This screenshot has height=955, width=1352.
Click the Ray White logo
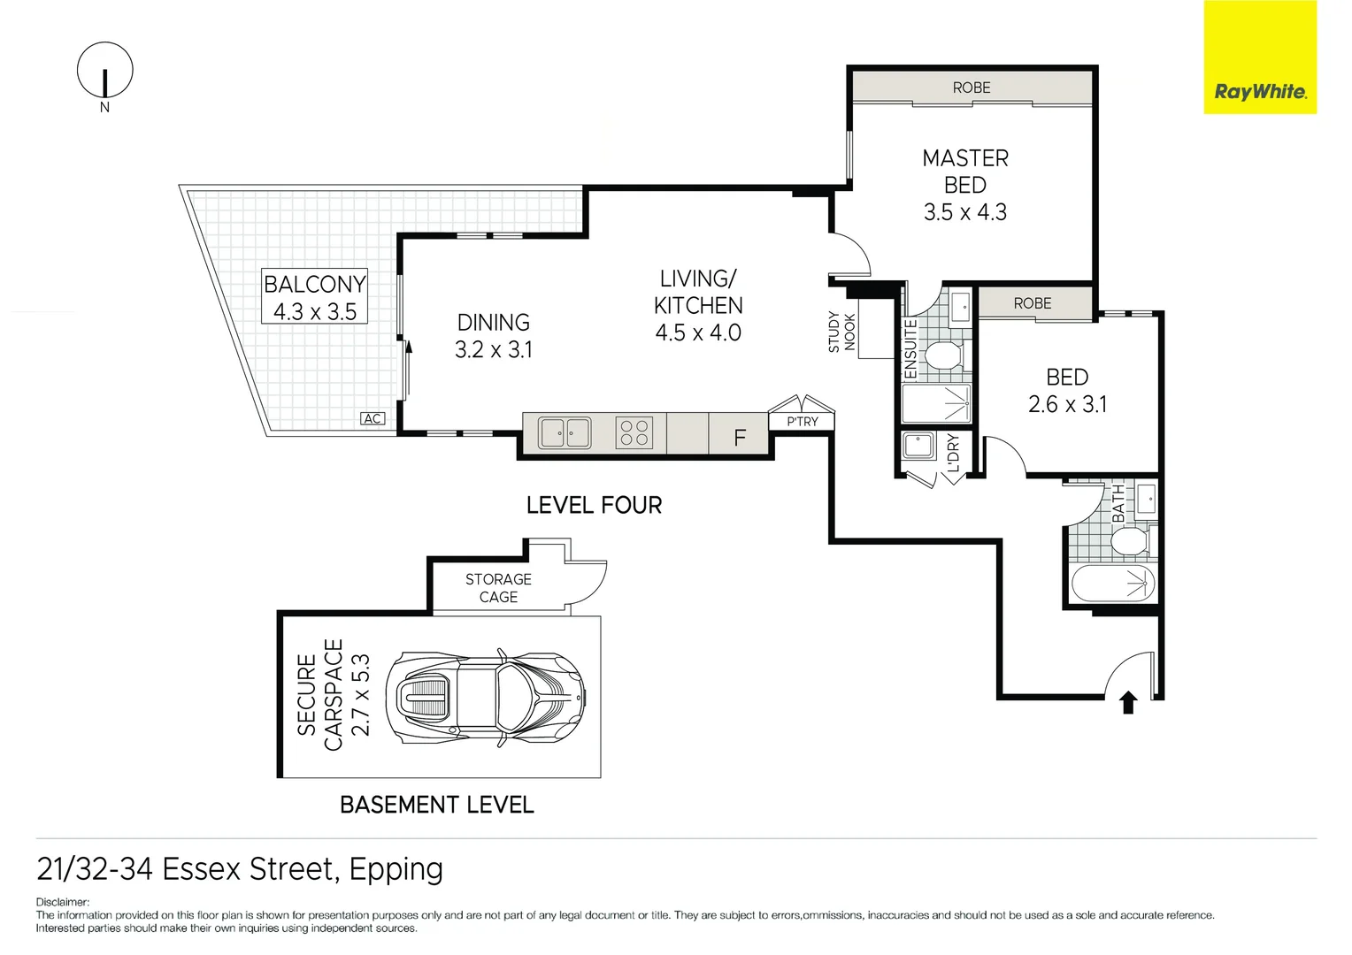[x=1259, y=57]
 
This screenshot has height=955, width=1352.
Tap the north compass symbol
[x=105, y=71]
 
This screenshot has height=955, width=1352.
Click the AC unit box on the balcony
[x=373, y=418]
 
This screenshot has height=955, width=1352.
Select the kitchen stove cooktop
[x=634, y=432]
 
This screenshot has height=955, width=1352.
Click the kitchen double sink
[x=565, y=432]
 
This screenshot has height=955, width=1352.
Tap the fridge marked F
[x=739, y=436]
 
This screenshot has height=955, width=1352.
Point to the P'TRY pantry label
[x=802, y=422]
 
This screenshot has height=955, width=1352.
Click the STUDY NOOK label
[x=841, y=332]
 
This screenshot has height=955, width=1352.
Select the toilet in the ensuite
[x=942, y=355]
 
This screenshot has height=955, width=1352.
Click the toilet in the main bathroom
[x=1128, y=541]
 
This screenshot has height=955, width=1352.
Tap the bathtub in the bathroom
[x=1113, y=584]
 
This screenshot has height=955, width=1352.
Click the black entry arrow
[x=1128, y=703]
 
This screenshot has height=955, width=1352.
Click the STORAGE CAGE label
[x=498, y=588]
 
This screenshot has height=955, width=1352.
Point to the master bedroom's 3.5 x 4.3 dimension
[x=964, y=212]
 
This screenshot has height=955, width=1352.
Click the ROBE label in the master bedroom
[x=971, y=88]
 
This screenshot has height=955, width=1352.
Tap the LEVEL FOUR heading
[x=594, y=505]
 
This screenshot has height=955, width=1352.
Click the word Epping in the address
[x=396, y=869]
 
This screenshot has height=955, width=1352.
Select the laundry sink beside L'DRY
[x=918, y=446]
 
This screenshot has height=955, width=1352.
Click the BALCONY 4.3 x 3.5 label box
[x=314, y=297]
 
